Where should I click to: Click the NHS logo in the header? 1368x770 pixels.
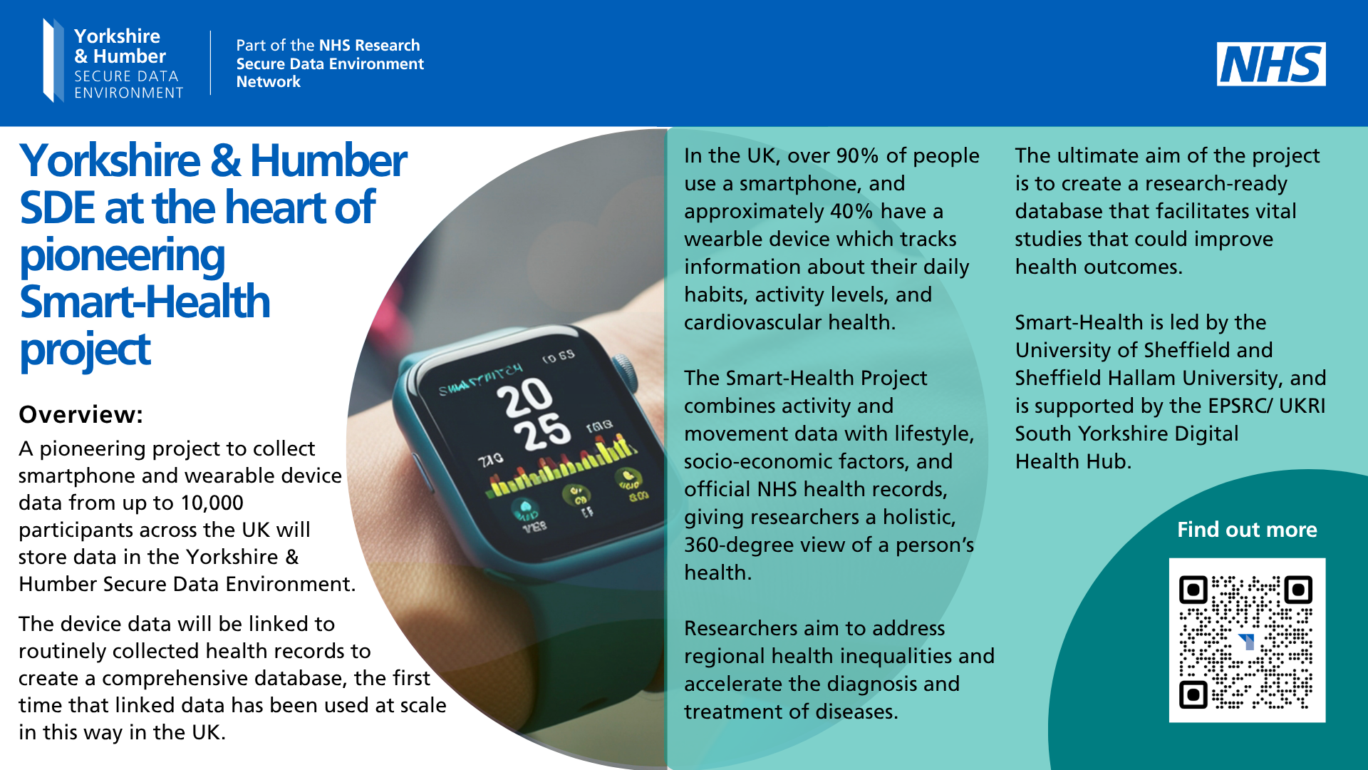tap(1271, 64)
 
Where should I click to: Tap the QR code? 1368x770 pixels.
tap(1247, 640)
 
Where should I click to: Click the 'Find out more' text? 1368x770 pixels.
tap(1247, 530)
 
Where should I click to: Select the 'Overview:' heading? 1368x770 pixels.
tap(81, 414)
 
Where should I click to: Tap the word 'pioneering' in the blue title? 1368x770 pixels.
tap(122, 257)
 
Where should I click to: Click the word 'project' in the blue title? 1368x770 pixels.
tap(85, 351)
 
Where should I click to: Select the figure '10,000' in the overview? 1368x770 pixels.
tap(212, 503)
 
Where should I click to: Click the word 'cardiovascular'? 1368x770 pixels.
tap(753, 322)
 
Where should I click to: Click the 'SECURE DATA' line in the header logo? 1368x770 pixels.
tap(126, 76)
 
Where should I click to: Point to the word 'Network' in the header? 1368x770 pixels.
tap(269, 82)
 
